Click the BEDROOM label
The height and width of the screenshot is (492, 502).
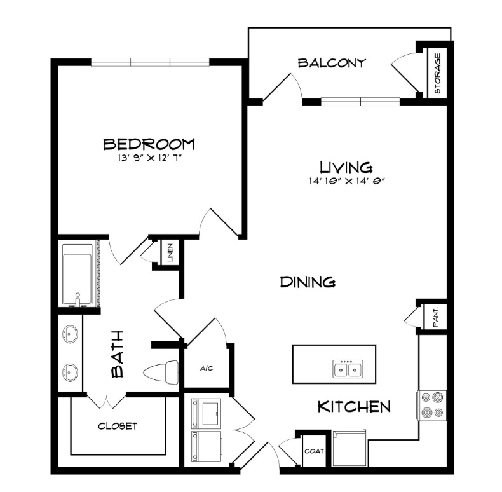point(149,144)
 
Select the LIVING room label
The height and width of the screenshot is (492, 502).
point(346,167)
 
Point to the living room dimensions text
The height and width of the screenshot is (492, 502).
point(346,181)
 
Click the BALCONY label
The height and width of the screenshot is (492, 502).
point(332,63)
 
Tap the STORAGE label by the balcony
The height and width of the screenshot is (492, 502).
point(438,73)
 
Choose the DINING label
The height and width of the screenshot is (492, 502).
point(308,282)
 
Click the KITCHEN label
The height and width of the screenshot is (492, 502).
point(354,407)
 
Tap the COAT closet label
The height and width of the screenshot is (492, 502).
point(314,451)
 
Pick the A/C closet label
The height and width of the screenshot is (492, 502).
point(207,368)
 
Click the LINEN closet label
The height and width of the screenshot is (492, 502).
point(170,253)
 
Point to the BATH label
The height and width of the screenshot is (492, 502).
point(117,354)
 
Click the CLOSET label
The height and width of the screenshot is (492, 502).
point(118,426)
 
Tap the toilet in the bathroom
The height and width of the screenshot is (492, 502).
point(161,372)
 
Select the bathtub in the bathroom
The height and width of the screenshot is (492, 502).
point(78,275)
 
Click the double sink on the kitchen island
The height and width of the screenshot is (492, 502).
point(348,369)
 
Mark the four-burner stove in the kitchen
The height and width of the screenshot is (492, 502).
point(431,405)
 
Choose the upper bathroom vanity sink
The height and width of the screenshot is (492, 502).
point(70,334)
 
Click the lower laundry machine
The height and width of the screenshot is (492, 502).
point(206,446)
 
